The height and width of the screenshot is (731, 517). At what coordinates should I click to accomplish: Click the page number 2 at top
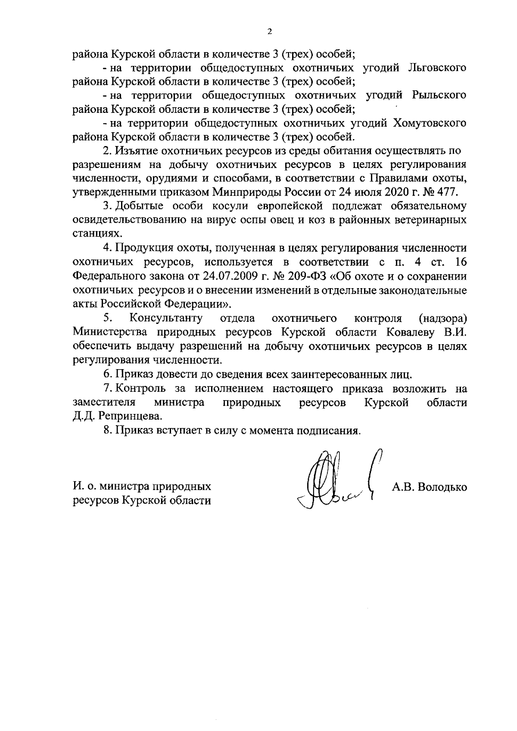269,32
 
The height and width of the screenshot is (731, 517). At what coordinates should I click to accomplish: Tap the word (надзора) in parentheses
443,318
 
